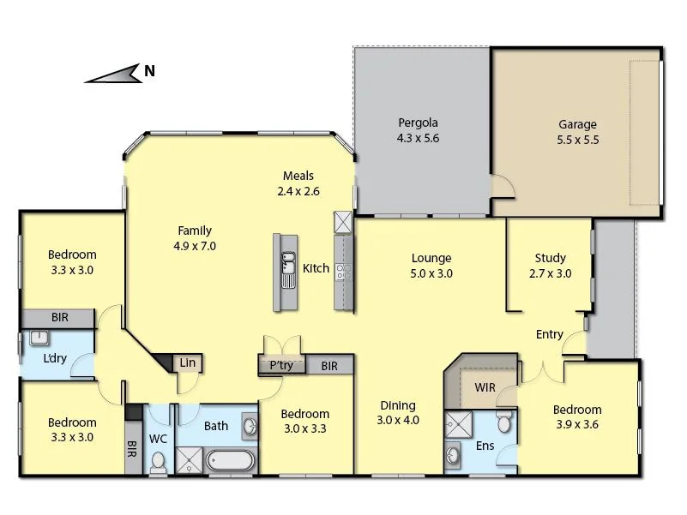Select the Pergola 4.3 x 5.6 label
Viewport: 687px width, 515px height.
pyautogui.click(x=418, y=130)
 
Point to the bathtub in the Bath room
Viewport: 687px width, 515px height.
pyautogui.click(x=230, y=460)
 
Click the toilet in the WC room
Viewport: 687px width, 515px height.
pyautogui.click(x=159, y=464)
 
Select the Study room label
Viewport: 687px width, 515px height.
pyautogui.click(x=550, y=258)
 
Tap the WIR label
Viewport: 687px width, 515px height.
pyautogui.click(x=485, y=387)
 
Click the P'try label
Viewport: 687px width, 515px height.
pyautogui.click(x=280, y=365)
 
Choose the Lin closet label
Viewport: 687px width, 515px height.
pyautogui.click(x=188, y=363)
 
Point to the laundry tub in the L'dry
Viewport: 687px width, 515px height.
pyautogui.click(x=39, y=337)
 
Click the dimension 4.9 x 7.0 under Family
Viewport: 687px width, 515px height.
pyautogui.click(x=195, y=246)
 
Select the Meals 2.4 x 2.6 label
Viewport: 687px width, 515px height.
pyautogui.click(x=298, y=184)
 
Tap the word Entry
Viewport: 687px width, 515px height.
pyautogui.click(x=550, y=334)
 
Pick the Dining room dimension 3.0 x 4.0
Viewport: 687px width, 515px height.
pyautogui.click(x=397, y=420)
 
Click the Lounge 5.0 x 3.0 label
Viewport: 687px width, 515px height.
pyautogui.click(x=431, y=266)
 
